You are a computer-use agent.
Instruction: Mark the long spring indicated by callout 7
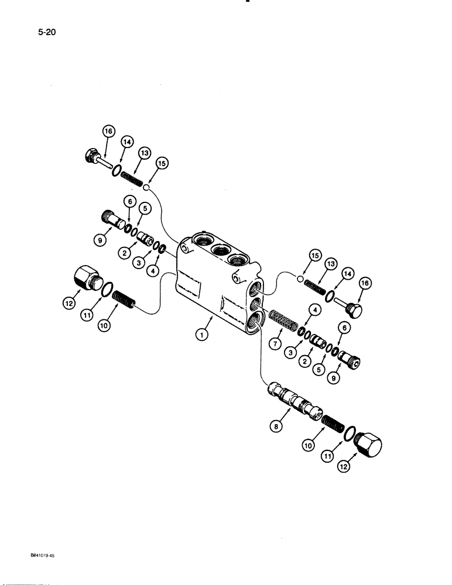pos(283,323)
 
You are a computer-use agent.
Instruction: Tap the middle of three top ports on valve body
pos(220,250)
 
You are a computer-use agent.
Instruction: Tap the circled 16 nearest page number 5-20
pos(108,133)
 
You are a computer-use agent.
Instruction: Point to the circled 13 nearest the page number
pos(145,153)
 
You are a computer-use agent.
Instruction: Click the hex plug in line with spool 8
pos(368,446)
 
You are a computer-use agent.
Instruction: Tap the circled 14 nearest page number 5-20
pos(126,142)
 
